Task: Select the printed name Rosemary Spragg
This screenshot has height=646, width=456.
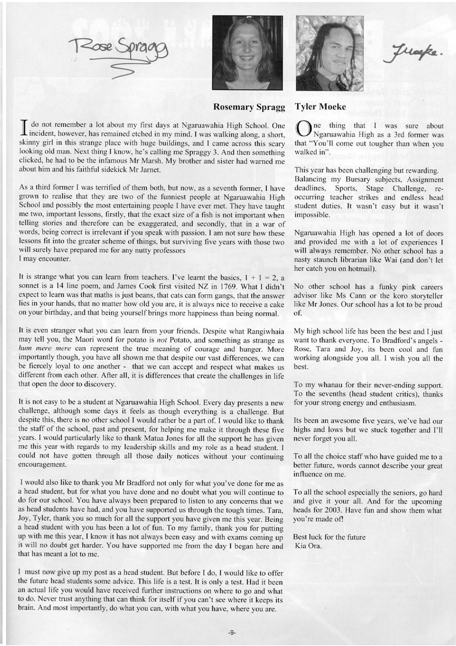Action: coord(249,107)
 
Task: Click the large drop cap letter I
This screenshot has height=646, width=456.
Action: coord(24,130)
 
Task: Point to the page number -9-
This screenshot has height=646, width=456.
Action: coord(232,633)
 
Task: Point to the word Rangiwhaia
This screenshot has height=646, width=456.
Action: coord(267,331)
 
